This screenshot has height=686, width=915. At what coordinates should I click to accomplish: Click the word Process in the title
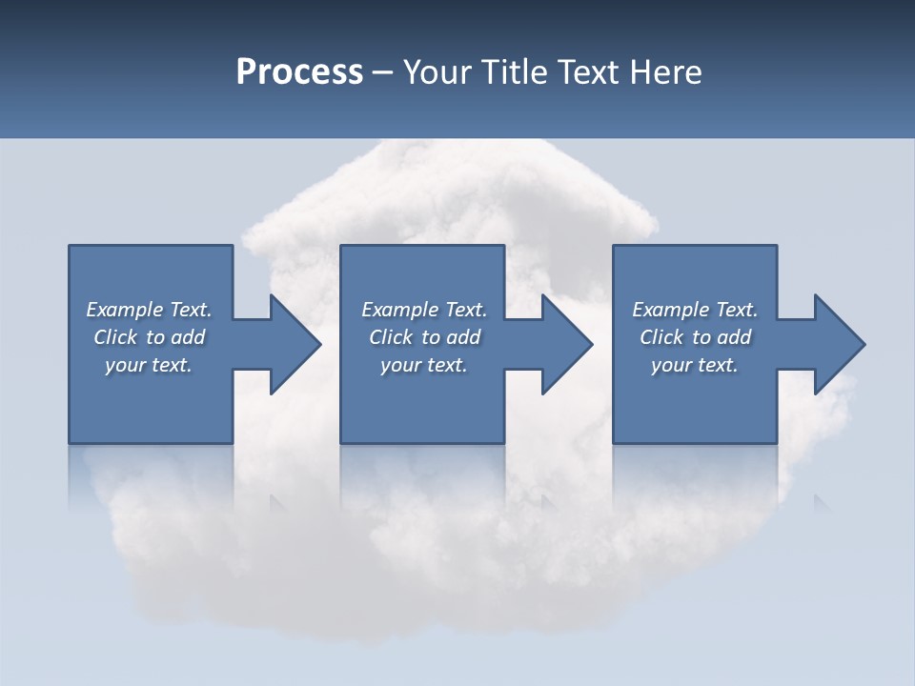pos(299,72)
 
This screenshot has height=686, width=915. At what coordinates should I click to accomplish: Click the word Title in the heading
pos(511,72)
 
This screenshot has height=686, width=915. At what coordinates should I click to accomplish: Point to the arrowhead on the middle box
pos(565,344)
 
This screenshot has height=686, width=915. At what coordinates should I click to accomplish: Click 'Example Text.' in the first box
pos(149,310)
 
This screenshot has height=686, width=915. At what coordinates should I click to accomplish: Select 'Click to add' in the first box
pos(149,337)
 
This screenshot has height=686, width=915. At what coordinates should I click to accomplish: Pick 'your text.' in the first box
pos(149,365)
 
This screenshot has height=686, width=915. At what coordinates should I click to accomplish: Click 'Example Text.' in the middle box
pos(423,310)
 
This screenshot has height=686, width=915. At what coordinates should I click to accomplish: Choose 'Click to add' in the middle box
pos(423,337)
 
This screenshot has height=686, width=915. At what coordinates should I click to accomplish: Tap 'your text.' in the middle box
pos(423,365)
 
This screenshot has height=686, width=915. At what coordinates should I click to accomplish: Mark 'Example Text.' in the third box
pos(695,310)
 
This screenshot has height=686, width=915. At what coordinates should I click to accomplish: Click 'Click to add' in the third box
pos(695,337)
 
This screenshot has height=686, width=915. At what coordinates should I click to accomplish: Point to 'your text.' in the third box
pos(695,365)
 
